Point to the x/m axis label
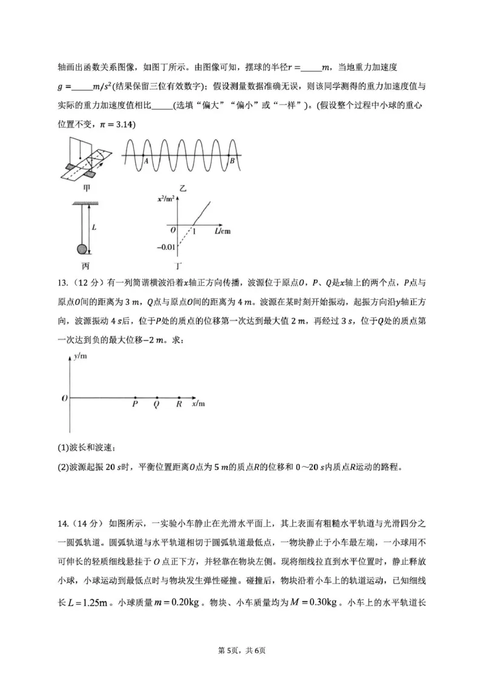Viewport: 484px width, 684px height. coord(198,403)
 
